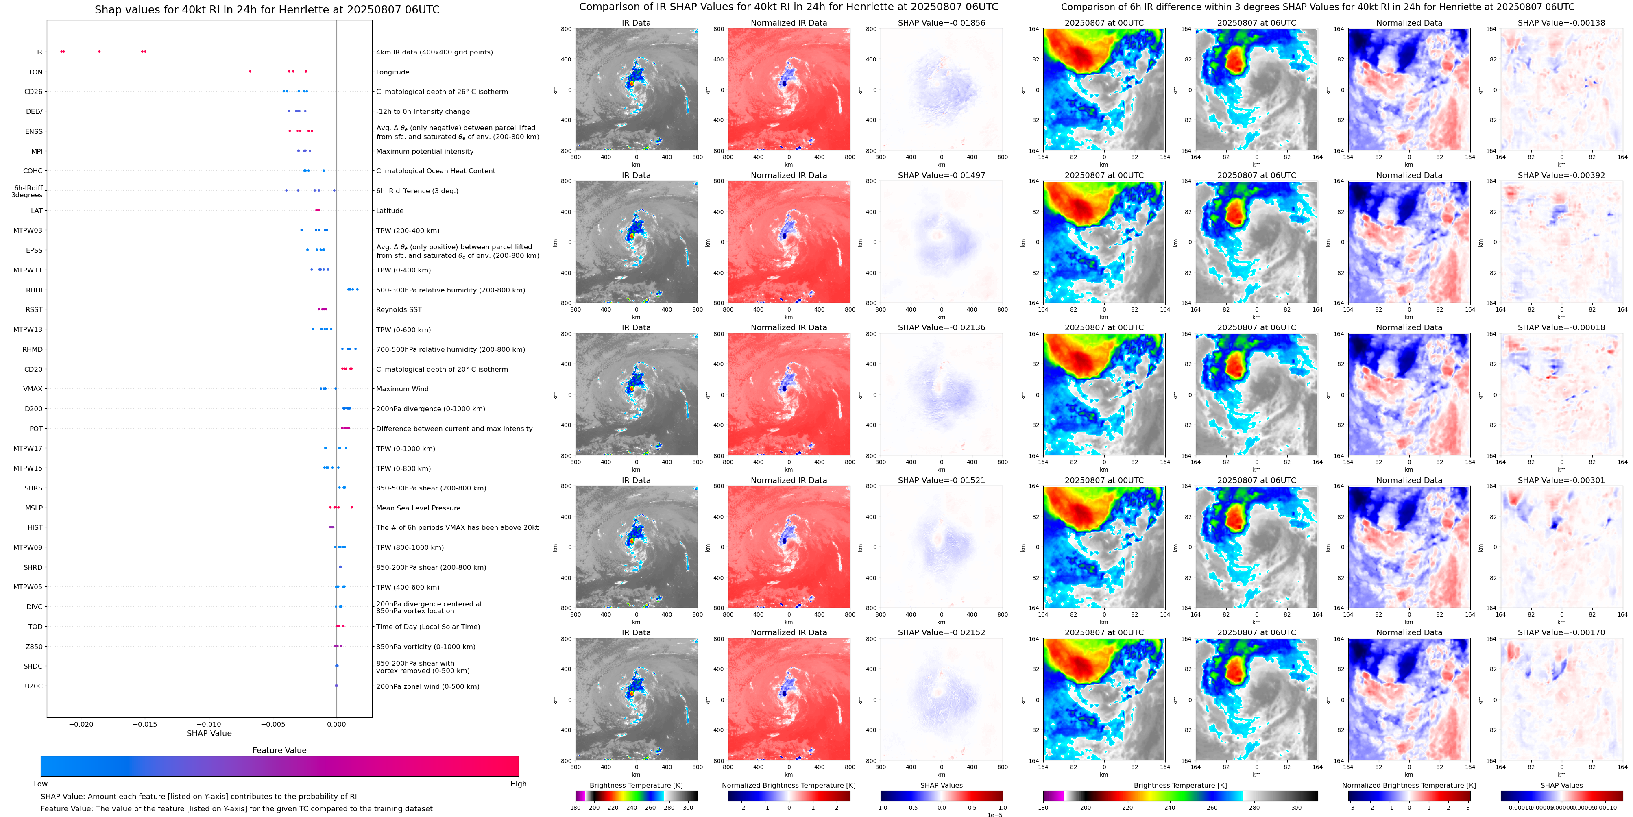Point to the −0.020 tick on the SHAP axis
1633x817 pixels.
click(x=81, y=724)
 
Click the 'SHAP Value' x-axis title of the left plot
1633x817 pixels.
click(x=209, y=733)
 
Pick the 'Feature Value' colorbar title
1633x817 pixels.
click(x=279, y=750)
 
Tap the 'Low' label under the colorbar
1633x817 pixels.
click(x=41, y=784)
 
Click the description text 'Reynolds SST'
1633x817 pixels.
click(x=399, y=310)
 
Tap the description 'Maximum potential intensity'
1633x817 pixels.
click(x=425, y=151)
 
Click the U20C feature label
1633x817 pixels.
click(x=34, y=686)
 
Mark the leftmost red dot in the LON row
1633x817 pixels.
click(x=251, y=72)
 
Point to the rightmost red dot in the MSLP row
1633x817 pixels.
click(x=352, y=507)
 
